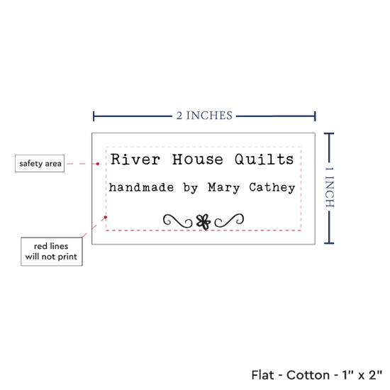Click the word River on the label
(135, 159)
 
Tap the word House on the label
(198, 159)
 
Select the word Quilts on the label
(264, 160)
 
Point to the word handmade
(141, 187)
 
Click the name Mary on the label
(224, 188)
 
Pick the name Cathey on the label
(272, 188)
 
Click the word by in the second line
(191, 188)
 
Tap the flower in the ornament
(204, 222)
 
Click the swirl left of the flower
(177, 221)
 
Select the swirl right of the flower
(229, 221)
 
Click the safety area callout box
(40, 163)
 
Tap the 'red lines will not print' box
(52, 252)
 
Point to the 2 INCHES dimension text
(204, 116)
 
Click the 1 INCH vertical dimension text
(330, 187)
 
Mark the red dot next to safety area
(98, 164)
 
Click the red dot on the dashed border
(106, 218)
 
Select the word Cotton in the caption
(308, 375)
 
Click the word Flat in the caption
(262, 375)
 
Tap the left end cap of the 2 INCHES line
(94, 116)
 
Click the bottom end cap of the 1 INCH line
(329, 243)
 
